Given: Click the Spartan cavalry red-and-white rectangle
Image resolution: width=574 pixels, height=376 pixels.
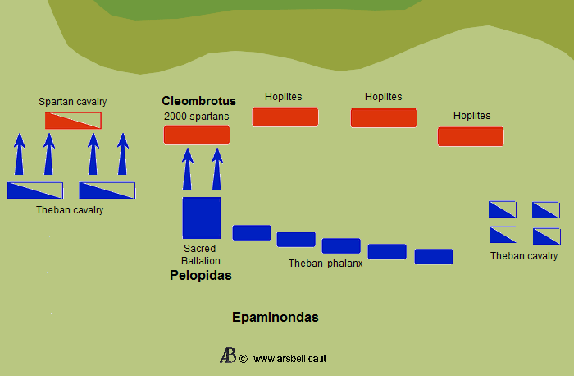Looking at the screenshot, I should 73,121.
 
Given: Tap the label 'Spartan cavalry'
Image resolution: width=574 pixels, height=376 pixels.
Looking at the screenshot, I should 73,102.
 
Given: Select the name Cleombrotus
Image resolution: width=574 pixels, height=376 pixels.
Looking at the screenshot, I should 198,101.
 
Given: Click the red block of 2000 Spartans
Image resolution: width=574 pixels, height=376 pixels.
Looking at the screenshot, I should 197,135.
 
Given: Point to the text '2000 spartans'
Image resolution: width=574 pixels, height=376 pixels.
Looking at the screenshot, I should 197,117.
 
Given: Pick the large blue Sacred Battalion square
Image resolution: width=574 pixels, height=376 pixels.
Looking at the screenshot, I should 202,218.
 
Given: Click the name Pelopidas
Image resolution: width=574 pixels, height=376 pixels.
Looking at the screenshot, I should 201,276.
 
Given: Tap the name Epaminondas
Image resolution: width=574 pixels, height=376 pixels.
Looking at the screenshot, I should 275,317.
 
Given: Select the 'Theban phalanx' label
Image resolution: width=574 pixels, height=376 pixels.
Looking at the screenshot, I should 326,264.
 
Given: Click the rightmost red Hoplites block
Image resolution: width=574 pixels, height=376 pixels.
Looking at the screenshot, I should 470,136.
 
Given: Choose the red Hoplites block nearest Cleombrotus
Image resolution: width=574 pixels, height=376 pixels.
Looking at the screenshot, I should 285,117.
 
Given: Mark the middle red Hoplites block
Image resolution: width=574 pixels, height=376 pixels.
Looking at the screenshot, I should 384,117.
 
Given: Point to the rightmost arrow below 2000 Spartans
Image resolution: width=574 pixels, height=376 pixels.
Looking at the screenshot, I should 217,168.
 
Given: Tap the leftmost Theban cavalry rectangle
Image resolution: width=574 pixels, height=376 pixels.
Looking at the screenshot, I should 34,190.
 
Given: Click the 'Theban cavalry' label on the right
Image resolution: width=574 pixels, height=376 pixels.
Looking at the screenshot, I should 524,256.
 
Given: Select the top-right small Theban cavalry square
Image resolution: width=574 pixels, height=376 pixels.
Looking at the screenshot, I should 545,210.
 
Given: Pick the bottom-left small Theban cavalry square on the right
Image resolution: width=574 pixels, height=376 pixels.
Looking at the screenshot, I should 503,236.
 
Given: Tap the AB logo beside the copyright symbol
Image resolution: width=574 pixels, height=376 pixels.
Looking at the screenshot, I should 228,355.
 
